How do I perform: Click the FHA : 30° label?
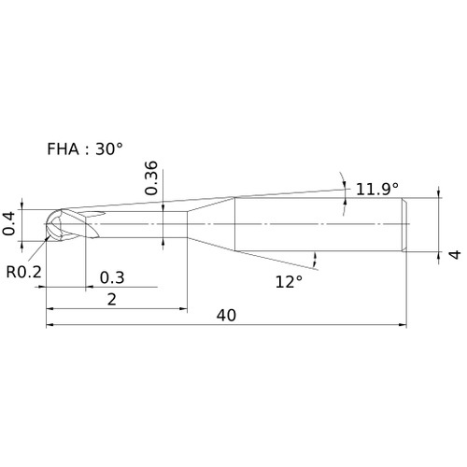tap(85, 149)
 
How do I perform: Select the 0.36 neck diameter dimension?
tap(151, 178)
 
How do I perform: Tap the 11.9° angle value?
tap(377, 189)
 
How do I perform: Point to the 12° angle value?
tap(289, 282)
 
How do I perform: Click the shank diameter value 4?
tap(455, 254)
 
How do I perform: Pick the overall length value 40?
tap(226, 316)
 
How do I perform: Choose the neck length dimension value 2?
tap(112, 300)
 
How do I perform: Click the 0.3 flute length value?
tap(112, 277)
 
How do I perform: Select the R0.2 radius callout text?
tap(23, 272)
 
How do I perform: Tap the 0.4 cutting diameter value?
tap(8, 223)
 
